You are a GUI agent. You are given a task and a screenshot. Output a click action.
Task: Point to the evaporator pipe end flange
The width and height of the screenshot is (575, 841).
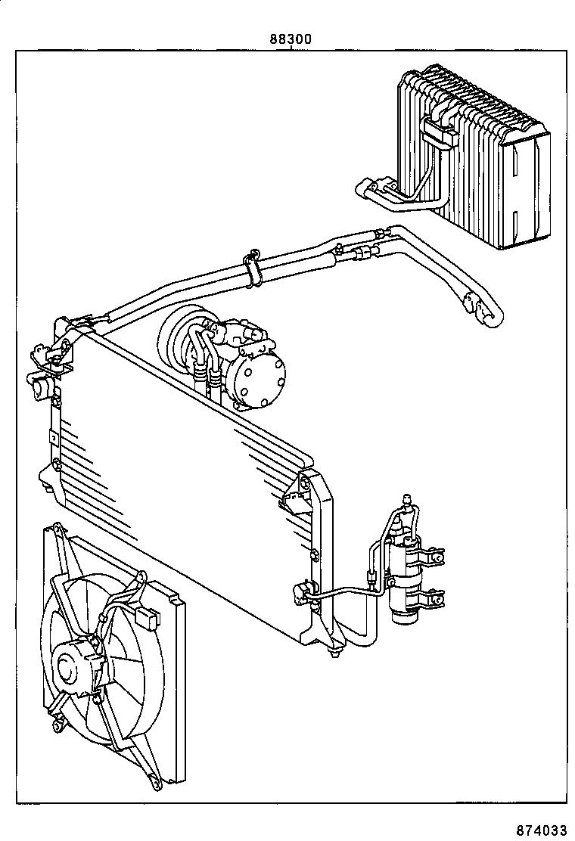[365, 188]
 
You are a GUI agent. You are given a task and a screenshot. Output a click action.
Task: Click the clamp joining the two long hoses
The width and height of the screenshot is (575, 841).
[253, 268]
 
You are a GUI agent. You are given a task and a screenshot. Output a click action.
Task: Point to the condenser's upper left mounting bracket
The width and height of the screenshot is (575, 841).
[47, 362]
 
